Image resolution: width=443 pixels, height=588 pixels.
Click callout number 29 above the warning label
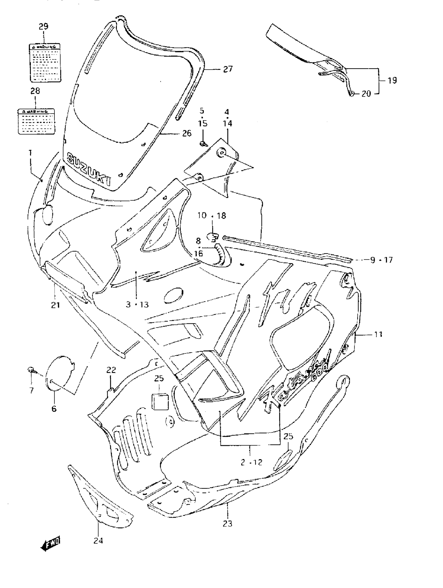click(44, 27)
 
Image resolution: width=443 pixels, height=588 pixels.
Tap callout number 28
click(35, 91)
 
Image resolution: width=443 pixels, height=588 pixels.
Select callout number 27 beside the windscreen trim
click(227, 69)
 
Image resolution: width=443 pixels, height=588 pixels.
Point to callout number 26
click(187, 133)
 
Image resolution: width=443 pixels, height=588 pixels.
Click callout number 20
click(366, 94)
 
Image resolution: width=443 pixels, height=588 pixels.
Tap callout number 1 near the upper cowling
click(30, 153)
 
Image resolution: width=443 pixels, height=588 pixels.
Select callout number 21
click(55, 305)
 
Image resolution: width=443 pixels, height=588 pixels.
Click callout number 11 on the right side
click(378, 334)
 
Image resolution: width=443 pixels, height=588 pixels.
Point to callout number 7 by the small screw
click(31, 390)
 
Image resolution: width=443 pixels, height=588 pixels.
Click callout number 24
click(98, 540)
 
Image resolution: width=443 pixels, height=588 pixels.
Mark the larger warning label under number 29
click(45, 63)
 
